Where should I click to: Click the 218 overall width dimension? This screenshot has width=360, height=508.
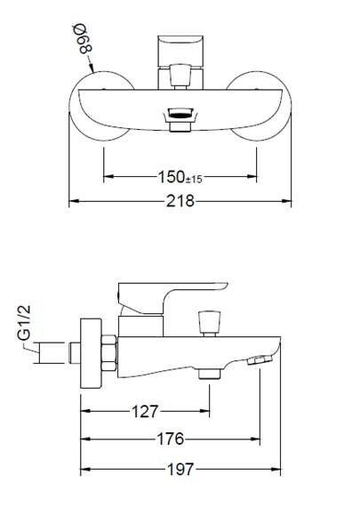pos(180,201)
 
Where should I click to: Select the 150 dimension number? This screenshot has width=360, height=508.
pos(172,177)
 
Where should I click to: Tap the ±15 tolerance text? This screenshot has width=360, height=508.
pos(194,179)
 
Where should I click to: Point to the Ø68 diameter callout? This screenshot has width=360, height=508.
pos(83,39)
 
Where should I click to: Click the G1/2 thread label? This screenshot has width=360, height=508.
pos(24,323)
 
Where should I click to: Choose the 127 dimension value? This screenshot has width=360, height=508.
pos(145,411)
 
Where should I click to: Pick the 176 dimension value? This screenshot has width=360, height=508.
pos(171,439)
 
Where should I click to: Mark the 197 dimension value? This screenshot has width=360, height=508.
pos(180,469)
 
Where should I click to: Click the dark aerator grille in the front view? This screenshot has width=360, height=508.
pos(180,114)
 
